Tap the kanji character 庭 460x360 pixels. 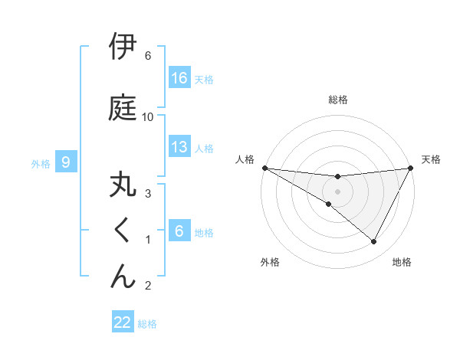click(123, 106)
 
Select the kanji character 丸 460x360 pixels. click(123, 186)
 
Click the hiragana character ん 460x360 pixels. click(123, 276)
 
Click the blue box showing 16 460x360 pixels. click(179, 78)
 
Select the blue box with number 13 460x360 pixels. click(179, 147)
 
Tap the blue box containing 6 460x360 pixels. click(179, 231)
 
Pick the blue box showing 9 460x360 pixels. click(66, 162)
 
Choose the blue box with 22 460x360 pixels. click(123, 322)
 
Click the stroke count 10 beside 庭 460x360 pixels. click(148, 116)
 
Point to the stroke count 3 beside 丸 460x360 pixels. click(148, 193)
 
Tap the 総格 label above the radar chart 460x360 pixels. click(338, 100)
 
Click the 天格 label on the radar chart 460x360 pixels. click(432, 159)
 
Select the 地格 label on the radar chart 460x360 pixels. click(402, 262)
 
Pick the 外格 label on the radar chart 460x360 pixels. click(270, 262)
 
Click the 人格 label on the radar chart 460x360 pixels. click(245, 159)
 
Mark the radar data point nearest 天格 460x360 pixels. click(411, 168)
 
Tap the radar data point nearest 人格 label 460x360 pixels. click(264, 168)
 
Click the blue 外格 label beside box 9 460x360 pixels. click(41, 163)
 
